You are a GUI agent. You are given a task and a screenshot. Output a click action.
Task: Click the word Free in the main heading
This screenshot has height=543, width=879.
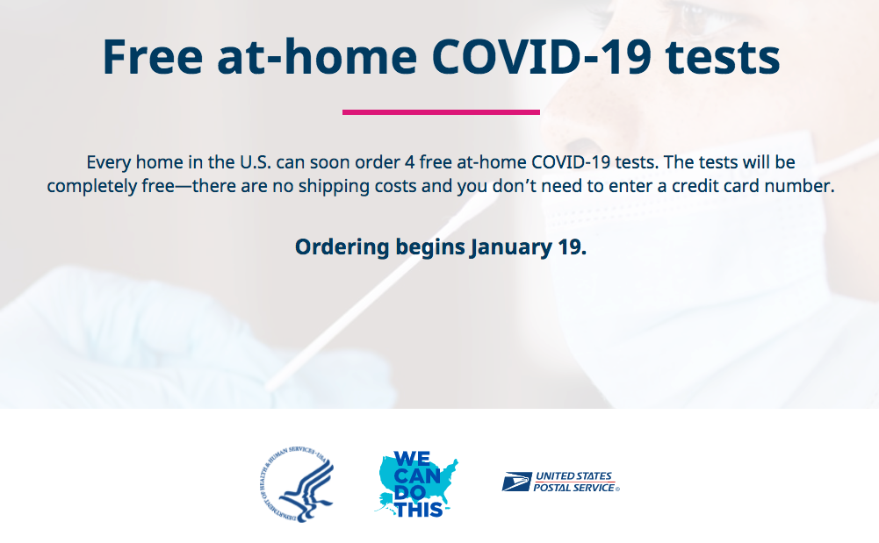(153, 57)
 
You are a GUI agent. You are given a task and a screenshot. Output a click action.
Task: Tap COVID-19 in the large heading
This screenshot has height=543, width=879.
(541, 57)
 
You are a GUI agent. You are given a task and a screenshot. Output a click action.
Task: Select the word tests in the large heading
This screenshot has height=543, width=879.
(723, 59)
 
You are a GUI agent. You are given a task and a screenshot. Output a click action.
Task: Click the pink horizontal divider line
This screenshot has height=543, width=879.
(441, 112)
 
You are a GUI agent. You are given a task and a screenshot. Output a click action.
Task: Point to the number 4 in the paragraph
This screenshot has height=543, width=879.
(410, 162)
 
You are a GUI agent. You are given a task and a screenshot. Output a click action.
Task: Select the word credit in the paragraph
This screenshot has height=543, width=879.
(698, 186)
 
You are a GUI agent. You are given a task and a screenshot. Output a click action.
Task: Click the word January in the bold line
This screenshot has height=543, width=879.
(511, 247)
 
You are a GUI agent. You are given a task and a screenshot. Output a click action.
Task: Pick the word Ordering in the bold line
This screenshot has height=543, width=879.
(342, 247)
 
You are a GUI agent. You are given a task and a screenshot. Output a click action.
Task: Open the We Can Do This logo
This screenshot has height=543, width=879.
(416, 484)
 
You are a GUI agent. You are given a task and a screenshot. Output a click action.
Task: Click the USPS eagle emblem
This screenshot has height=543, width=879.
(516, 482)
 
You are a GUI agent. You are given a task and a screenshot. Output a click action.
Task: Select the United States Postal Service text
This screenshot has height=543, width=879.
(576, 482)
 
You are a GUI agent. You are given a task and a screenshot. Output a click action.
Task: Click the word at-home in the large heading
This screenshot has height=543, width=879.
(317, 57)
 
